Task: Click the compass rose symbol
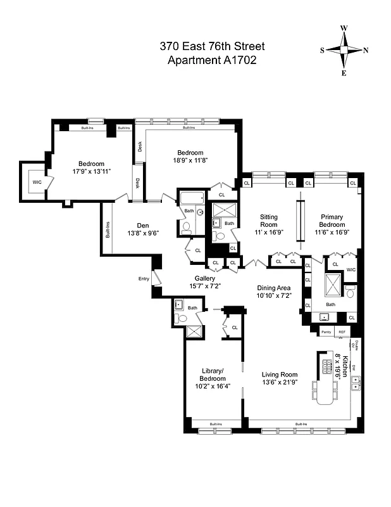[344, 51]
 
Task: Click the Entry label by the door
[144, 279]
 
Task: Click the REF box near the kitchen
[342, 331]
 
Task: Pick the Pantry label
[326, 331]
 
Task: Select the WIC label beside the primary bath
[351, 270]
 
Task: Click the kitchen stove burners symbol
[326, 366]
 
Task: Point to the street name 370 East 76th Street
[212, 46]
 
